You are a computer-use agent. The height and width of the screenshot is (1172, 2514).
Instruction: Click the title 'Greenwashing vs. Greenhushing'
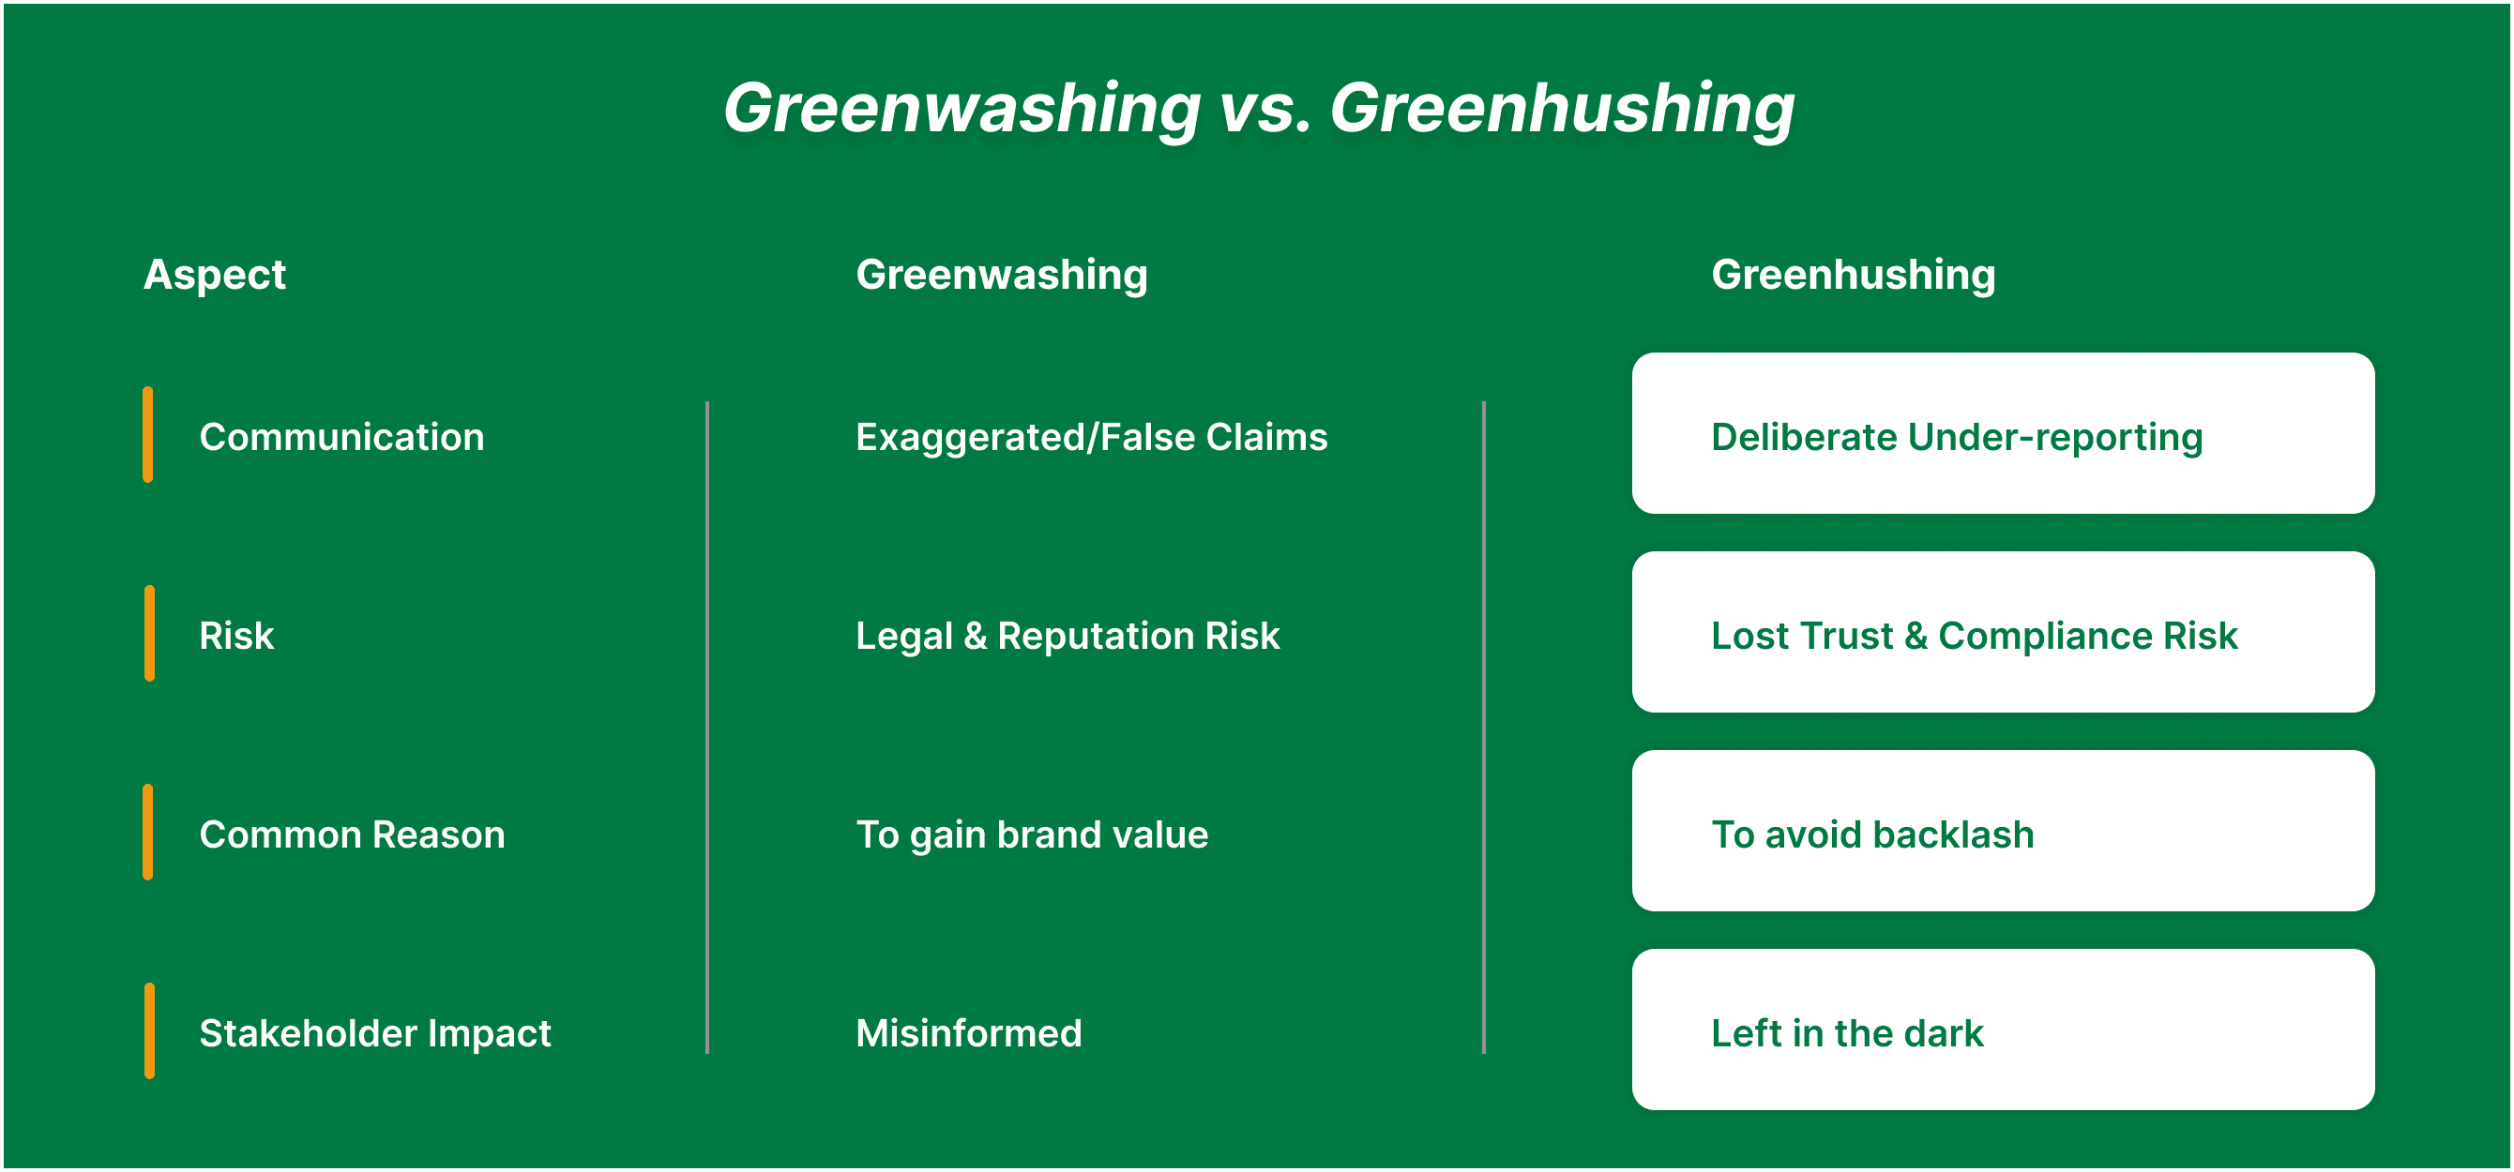[1258, 110]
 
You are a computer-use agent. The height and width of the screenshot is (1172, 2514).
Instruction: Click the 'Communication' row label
[341, 437]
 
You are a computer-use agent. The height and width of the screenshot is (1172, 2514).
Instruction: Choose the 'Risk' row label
[236, 637]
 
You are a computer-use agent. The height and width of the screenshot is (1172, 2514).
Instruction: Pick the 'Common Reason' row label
[353, 835]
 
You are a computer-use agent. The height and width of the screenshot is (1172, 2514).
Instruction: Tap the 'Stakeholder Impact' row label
[375, 1034]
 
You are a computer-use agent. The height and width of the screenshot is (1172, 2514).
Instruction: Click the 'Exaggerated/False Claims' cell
[1091, 438]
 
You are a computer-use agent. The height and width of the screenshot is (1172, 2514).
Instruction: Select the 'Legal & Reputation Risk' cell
[1068, 638]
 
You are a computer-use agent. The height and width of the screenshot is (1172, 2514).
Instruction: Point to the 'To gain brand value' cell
[1032, 836]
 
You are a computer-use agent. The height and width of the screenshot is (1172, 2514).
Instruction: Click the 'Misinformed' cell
[969, 1034]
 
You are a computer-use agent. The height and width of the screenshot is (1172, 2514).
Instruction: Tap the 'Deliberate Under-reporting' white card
[2003, 433]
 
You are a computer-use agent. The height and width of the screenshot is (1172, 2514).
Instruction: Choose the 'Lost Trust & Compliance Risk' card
[2003, 632]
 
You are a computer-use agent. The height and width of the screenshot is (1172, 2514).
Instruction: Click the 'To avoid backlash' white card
[2003, 832]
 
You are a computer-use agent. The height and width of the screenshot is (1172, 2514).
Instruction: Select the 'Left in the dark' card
[2003, 1030]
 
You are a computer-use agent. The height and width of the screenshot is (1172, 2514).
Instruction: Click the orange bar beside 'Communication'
[148, 435]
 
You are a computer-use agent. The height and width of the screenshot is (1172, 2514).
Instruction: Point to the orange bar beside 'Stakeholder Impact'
[149, 1031]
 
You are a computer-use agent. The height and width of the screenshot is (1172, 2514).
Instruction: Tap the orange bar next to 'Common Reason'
[148, 833]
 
